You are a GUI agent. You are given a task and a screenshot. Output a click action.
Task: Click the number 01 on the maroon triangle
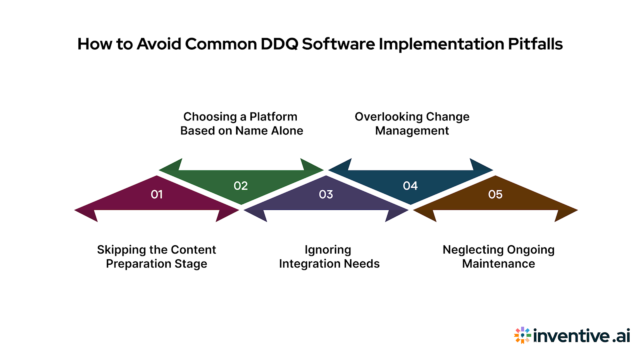point(157,194)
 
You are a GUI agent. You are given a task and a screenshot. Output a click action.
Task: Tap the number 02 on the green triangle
point(241,186)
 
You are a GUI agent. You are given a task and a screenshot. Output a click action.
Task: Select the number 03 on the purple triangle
point(326,194)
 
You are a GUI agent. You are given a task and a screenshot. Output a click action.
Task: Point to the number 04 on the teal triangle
point(410,186)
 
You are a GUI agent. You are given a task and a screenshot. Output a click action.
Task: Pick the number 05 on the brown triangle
point(495,194)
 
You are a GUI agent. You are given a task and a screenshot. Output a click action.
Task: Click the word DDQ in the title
point(279,44)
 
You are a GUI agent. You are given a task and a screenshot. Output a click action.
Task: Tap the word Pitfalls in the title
point(535,44)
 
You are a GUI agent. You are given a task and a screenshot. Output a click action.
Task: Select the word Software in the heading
point(338,44)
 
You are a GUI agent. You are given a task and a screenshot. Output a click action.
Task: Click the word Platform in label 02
point(273,117)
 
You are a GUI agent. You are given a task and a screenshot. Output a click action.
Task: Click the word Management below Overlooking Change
point(412,131)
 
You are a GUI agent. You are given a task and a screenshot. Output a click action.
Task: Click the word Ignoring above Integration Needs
point(328,250)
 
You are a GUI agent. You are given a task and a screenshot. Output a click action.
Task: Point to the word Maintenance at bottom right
point(498,264)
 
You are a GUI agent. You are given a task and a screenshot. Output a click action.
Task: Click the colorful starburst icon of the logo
point(522,335)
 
